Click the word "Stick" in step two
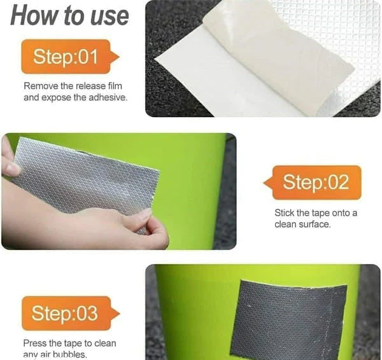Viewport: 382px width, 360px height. tap(285, 213)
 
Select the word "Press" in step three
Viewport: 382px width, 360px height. tap(35, 343)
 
